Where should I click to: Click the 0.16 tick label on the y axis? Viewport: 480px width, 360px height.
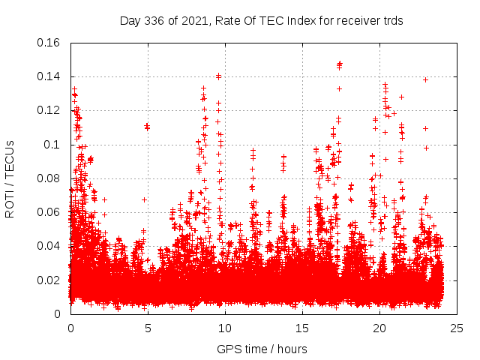click(x=49, y=43)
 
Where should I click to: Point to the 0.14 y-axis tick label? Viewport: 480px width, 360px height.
click(x=49, y=76)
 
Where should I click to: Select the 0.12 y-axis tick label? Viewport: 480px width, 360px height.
click(x=49, y=110)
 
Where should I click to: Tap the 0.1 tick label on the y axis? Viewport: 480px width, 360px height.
click(x=53, y=144)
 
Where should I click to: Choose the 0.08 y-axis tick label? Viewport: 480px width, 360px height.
click(x=49, y=178)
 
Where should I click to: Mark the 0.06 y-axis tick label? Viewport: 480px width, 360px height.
click(x=49, y=212)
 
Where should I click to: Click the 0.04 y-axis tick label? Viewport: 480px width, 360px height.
click(x=49, y=246)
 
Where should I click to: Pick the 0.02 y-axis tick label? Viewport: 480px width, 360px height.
click(x=49, y=280)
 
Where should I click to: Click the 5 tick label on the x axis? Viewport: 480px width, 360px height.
click(x=148, y=328)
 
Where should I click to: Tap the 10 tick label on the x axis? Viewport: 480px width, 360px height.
click(x=225, y=328)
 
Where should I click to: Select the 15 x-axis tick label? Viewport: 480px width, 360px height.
click(x=302, y=328)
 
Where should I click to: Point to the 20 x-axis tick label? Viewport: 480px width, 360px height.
click(x=379, y=328)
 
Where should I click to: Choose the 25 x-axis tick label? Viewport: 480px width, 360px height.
click(x=457, y=328)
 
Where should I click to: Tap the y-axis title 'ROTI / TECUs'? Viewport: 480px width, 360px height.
click(x=10, y=178)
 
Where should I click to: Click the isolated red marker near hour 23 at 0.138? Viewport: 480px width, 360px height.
click(x=425, y=79)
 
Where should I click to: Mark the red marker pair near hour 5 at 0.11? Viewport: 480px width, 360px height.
click(x=147, y=127)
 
